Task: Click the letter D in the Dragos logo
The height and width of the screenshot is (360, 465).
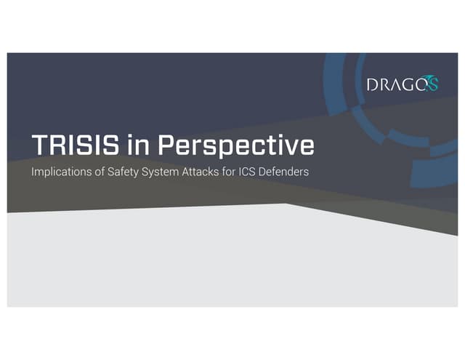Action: click(372, 84)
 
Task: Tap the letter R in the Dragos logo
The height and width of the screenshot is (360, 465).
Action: click(387, 84)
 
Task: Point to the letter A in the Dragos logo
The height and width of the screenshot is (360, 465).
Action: click(400, 84)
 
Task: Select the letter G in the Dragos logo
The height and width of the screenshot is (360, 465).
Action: click(414, 84)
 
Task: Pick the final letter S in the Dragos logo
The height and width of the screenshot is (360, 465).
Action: click(434, 86)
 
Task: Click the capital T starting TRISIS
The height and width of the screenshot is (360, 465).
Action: click(39, 145)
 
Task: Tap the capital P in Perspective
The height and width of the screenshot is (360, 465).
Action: click(168, 145)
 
